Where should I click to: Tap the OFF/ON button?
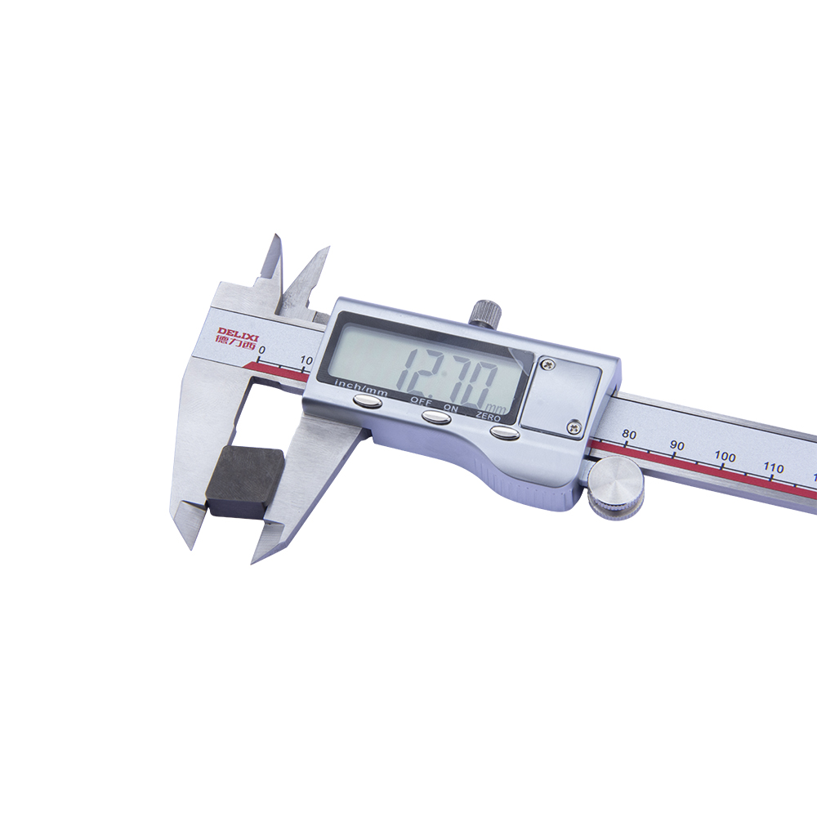click(437, 417)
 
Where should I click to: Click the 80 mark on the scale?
click(629, 434)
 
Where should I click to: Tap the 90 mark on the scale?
click(676, 445)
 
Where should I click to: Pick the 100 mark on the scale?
click(725, 457)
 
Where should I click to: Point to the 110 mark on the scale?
click(773, 468)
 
